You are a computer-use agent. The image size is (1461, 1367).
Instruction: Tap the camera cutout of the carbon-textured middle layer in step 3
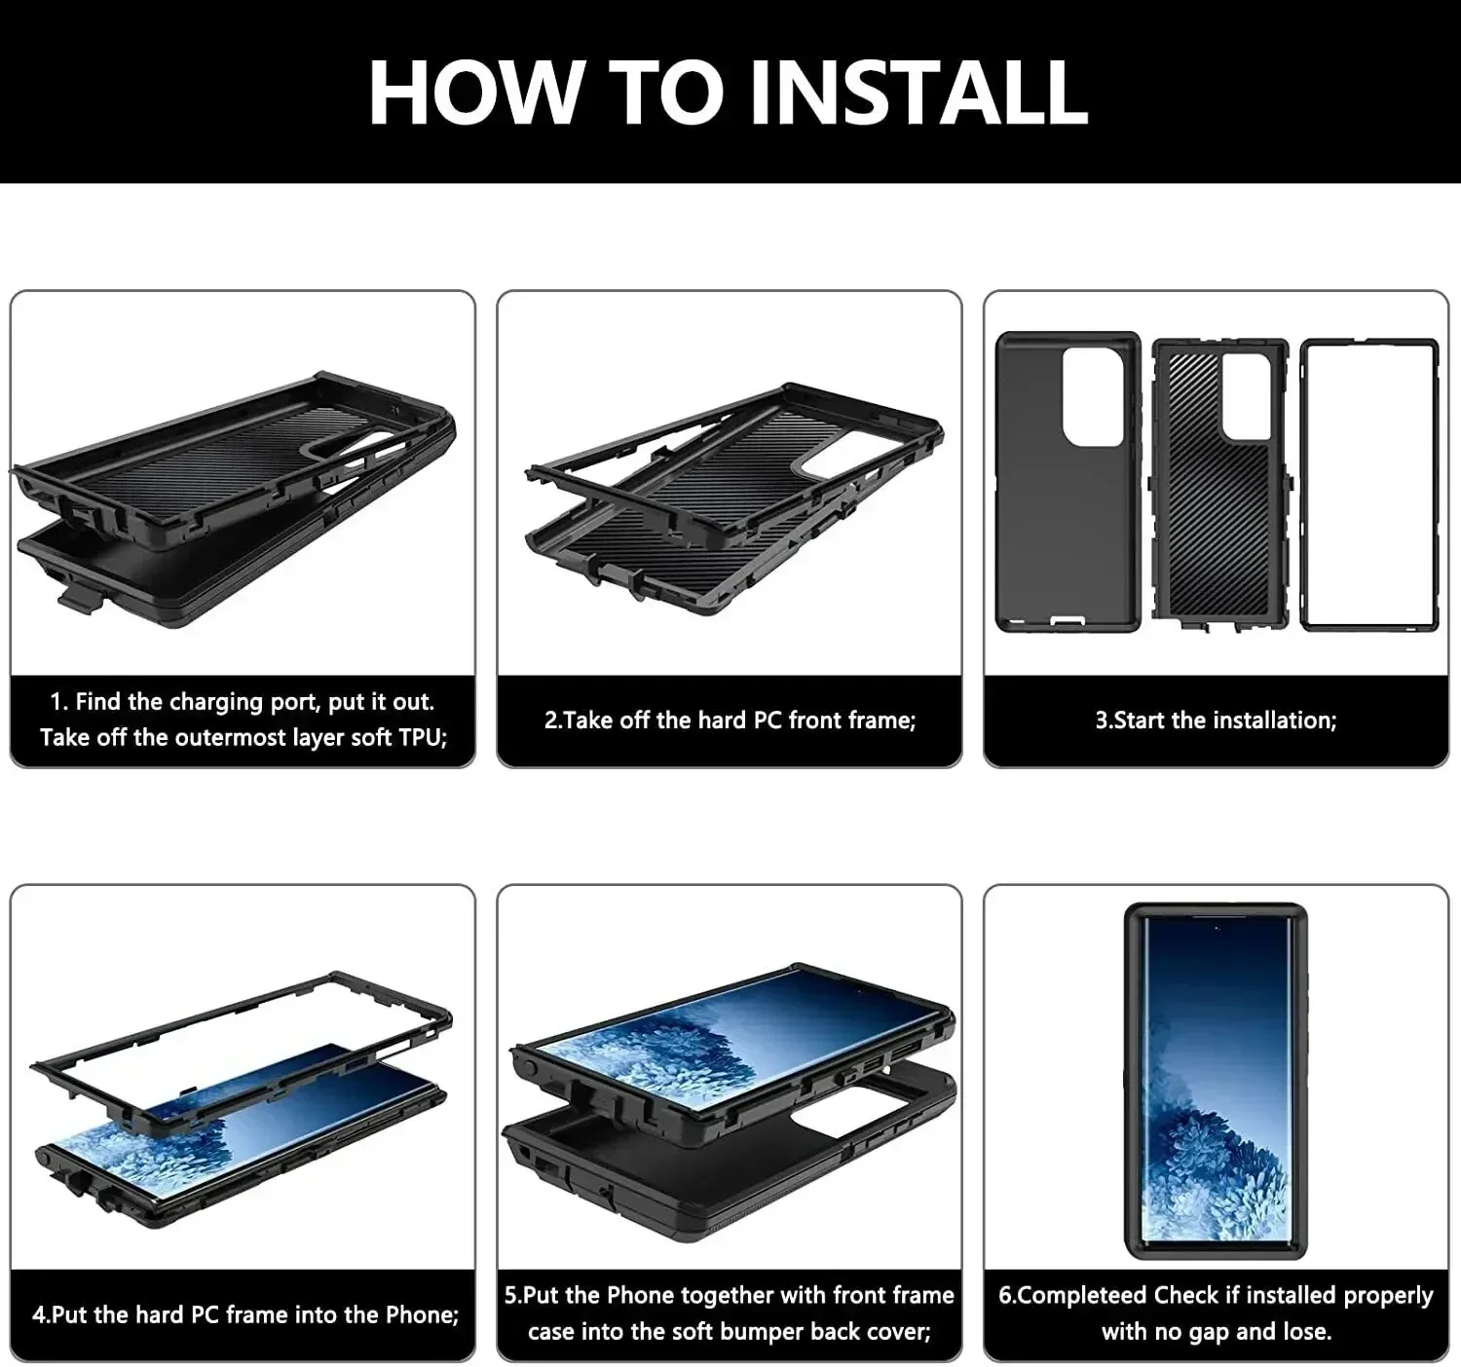(1246, 394)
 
